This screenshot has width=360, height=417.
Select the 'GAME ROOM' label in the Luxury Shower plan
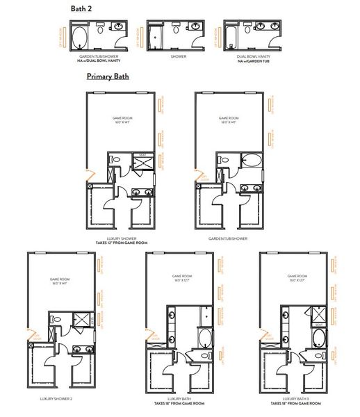(122, 118)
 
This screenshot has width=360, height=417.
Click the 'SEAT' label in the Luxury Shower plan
(142, 154)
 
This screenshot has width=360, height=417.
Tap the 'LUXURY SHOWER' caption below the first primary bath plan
(122, 238)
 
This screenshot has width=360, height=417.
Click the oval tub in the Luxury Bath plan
(206, 339)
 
